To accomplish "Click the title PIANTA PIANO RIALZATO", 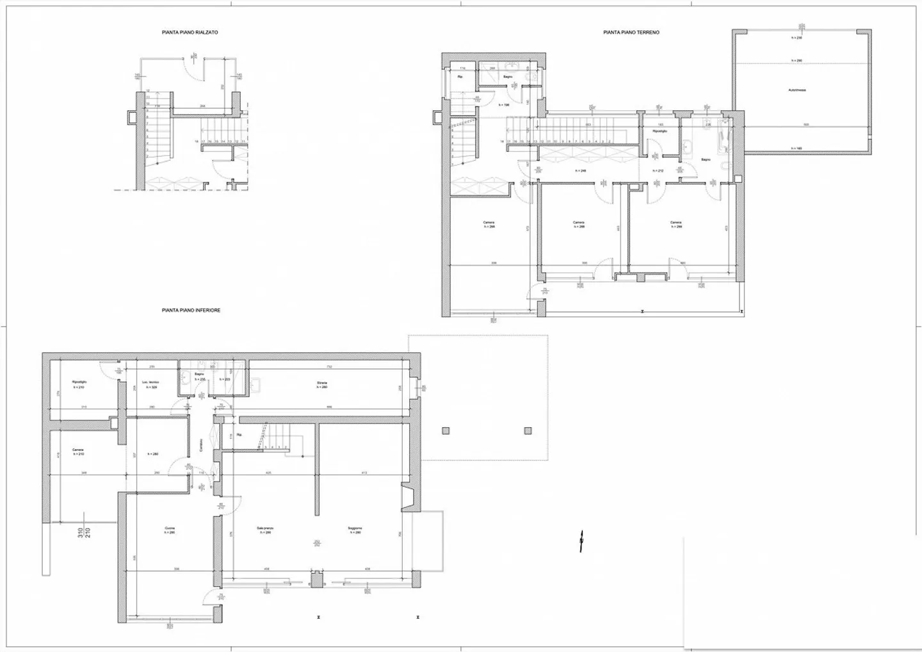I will coord(190,31).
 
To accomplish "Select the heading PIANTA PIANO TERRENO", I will coord(631,32).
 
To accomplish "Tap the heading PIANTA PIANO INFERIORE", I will coord(191,310).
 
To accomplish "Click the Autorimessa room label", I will coord(797,90).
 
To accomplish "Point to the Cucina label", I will coord(170,528).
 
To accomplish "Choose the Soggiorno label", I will coord(355,528).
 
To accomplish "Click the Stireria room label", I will coord(321,383).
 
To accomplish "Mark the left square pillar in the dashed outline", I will coord(445,431).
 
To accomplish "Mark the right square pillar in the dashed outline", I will coord(528,431).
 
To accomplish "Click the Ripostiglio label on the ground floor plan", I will coord(660,131).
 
